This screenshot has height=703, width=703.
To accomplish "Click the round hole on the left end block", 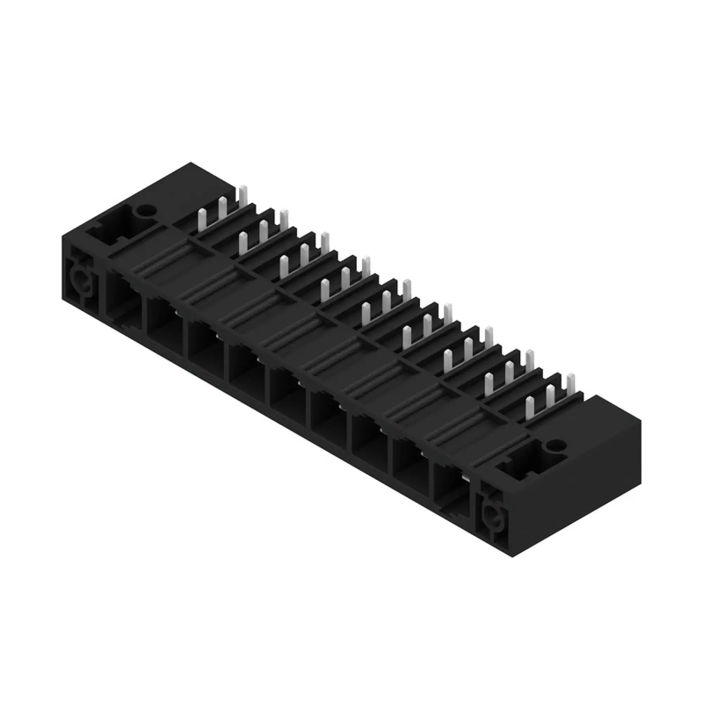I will [145, 210].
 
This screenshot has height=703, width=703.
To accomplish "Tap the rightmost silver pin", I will [571, 386].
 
